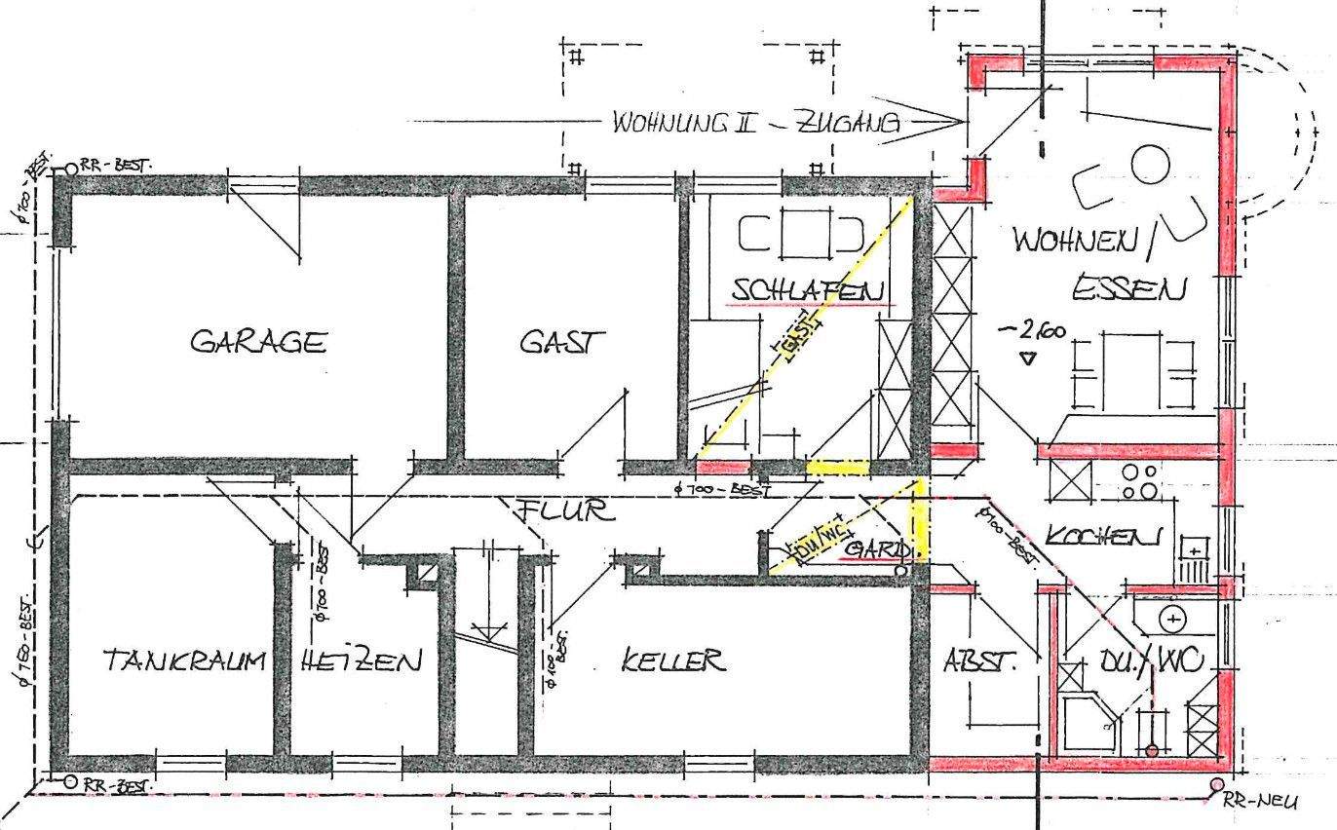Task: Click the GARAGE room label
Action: coord(257,342)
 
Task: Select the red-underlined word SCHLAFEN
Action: coord(809,290)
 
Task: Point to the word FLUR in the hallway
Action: coord(566,509)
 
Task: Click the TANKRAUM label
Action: coord(184,661)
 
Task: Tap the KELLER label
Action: coord(673,661)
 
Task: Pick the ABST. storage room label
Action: coord(978,662)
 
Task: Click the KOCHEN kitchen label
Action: coord(1103,536)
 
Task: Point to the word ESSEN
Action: coord(1130,289)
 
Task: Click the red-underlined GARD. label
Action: coord(878,551)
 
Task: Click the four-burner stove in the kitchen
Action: coord(1138,481)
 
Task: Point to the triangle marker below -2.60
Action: coord(1028,359)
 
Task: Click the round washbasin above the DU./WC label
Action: coord(1173,619)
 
